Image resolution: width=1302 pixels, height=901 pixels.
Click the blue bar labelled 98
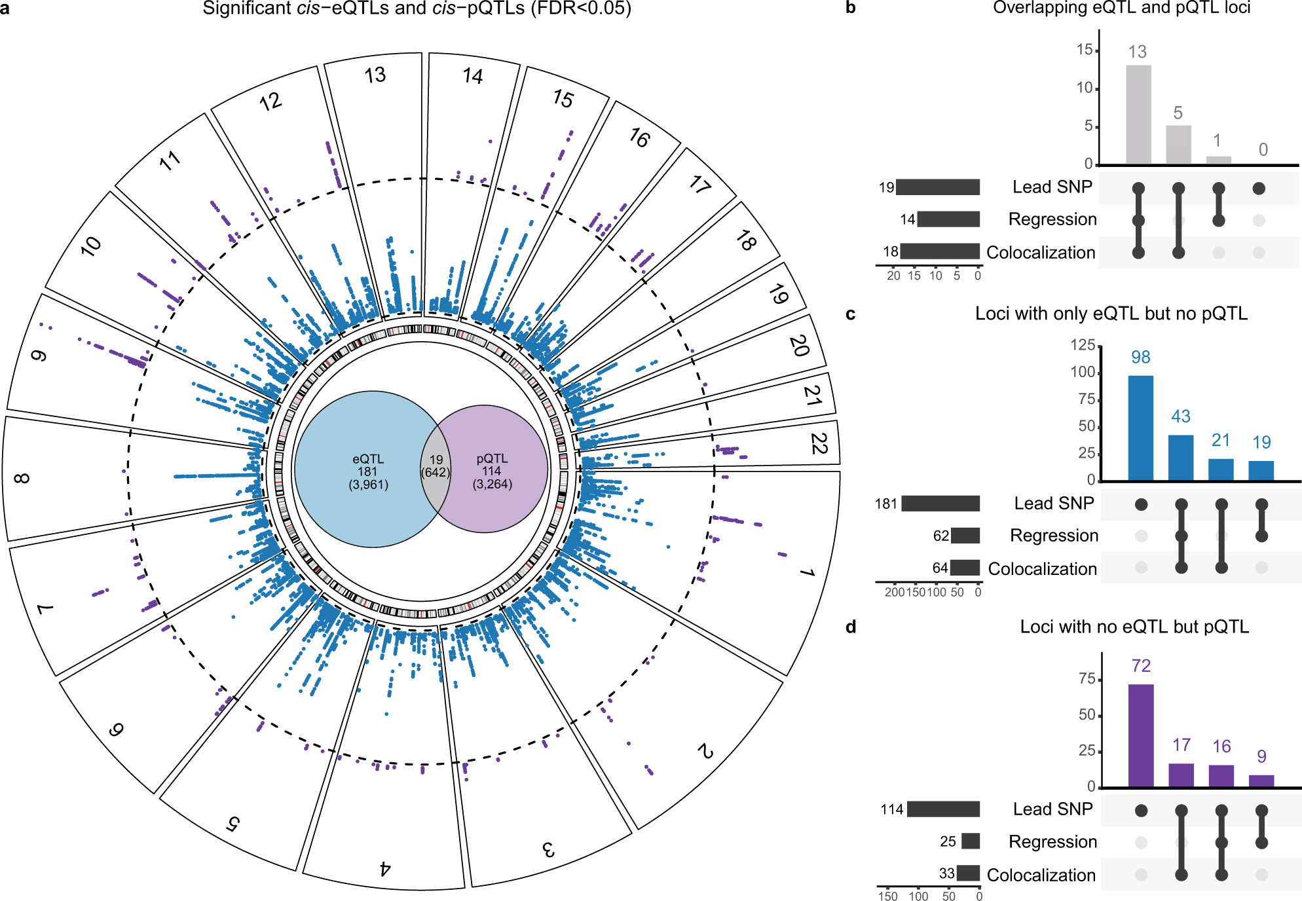1140,428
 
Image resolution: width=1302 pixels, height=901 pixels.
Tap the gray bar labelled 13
1138,115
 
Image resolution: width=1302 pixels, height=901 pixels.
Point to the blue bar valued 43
1180,458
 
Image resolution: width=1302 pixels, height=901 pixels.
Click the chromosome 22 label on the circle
819,443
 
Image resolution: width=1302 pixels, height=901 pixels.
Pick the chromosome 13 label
375,75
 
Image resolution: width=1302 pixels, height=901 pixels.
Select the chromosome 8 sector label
21,478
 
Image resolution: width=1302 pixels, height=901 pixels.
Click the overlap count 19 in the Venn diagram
436,460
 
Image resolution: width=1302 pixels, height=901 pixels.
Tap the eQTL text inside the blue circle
368,459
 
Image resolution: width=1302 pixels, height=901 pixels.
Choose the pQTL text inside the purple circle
492,458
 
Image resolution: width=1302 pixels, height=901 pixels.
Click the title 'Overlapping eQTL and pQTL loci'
1121,8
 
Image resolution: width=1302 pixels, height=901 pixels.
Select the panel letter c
850,314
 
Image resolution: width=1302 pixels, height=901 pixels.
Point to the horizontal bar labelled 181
940,503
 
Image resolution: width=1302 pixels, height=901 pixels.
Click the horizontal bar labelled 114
943,809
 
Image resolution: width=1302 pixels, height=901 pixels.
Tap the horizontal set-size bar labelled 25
971,841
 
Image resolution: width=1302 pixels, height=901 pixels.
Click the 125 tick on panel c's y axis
1083,345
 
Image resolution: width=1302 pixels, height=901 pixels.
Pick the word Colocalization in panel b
1041,253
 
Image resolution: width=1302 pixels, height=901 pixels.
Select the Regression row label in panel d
1052,841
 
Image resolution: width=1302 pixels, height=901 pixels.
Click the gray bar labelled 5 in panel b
1178,145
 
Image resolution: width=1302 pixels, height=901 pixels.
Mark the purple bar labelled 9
1261,781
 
